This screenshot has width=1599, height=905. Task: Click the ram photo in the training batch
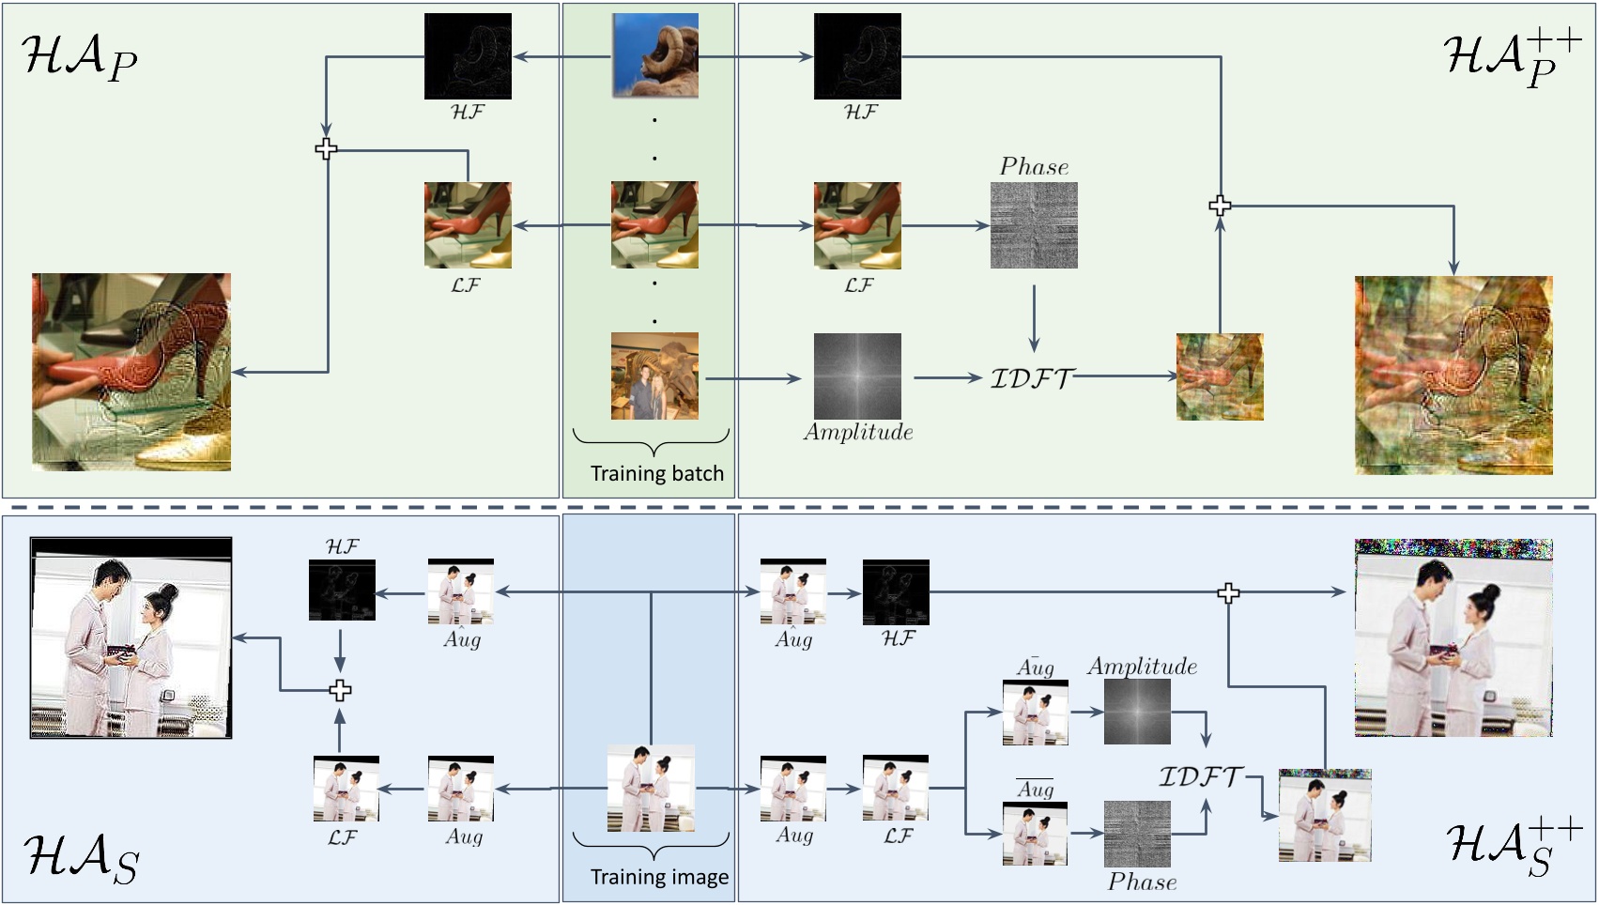coord(654,55)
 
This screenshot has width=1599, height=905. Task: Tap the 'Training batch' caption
coord(656,473)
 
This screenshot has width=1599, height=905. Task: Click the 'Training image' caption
coord(659,877)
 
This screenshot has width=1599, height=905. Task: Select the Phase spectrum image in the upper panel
coord(1034,225)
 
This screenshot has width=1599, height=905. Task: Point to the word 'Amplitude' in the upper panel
coord(858,433)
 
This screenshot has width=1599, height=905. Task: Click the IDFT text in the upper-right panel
coord(1031,378)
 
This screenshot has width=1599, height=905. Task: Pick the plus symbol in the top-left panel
coord(326,148)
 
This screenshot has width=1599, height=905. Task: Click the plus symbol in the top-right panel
coord(1220,206)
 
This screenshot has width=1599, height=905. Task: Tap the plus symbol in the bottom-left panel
coord(340,690)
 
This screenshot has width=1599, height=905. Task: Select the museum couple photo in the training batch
coord(654,376)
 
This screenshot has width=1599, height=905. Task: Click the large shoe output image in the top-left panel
coord(131,372)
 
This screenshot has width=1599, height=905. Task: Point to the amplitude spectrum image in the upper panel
coord(857,376)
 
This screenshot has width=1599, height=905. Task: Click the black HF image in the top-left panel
coord(468,56)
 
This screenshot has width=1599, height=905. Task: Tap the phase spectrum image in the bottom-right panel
coord(1137,834)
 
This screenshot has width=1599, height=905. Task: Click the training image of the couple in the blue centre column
coord(651,788)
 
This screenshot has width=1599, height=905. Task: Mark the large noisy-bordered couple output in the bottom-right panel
coord(1453,637)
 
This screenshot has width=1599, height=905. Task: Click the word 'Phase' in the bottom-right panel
coord(1142,882)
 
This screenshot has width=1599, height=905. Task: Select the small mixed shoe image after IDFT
coord(1220,376)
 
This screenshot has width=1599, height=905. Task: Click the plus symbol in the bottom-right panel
coord(1228,592)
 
